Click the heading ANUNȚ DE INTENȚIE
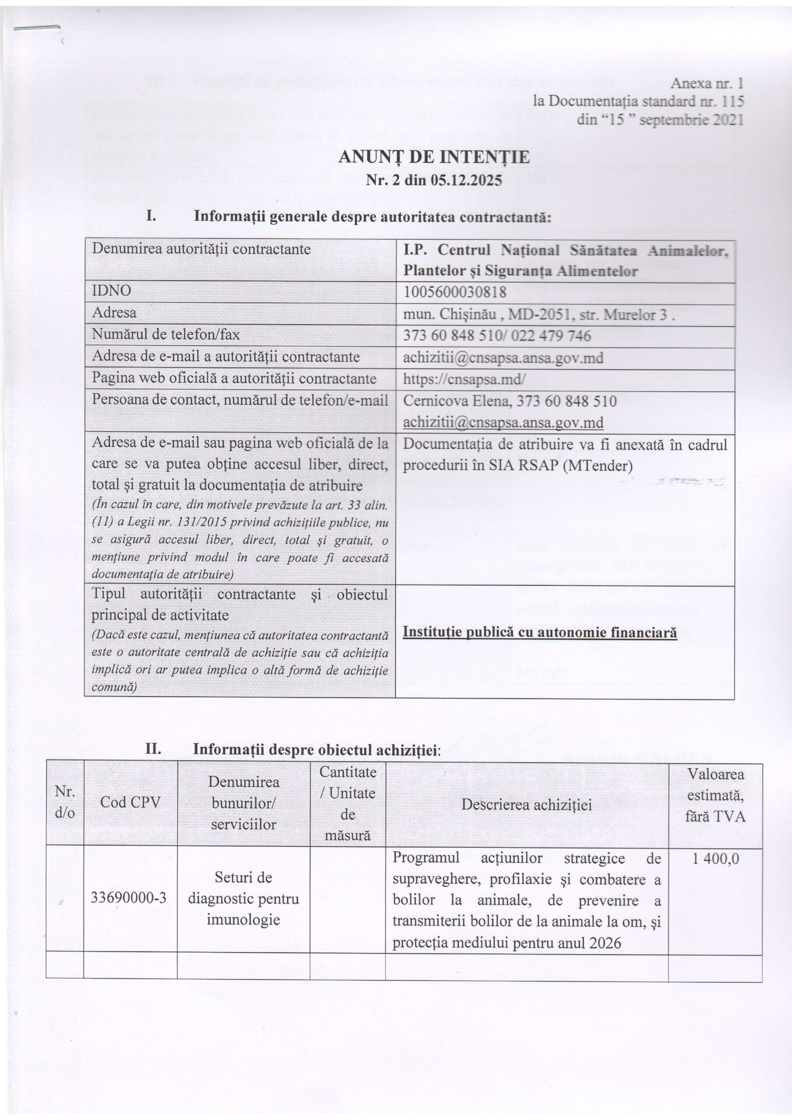point(433,157)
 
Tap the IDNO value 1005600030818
point(454,291)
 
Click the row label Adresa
point(114,312)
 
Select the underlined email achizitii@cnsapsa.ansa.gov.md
point(503,423)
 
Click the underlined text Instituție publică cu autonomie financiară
point(540,633)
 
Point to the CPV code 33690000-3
point(129,899)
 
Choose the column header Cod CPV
point(130,802)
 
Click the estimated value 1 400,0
point(715,858)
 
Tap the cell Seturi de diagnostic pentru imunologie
point(243,899)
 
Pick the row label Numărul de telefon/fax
point(166,334)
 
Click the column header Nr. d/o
point(65,802)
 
